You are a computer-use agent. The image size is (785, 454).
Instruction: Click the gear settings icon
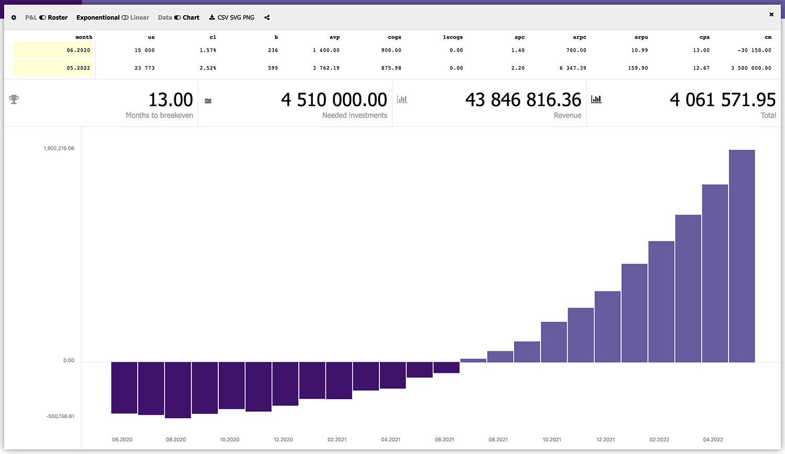pos(14,18)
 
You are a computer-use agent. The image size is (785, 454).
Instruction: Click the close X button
pos(771,15)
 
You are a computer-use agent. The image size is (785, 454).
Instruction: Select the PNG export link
pos(249,18)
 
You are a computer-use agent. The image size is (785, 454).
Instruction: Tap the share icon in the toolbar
pos(267,18)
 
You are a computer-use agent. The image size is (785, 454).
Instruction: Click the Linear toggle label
pos(140,18)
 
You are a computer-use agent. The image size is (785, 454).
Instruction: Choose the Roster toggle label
pos(58,18)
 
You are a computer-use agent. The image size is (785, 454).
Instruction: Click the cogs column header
pos(395,37)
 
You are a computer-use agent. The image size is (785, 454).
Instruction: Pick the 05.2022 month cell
pos(78,68)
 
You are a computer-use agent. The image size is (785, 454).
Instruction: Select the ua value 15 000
pos(144,50)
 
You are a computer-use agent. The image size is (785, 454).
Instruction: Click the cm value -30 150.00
pos(754,50)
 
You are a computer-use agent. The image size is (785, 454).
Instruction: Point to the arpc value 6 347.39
pos(573,68)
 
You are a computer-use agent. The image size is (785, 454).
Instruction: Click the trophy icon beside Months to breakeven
pos(14,99)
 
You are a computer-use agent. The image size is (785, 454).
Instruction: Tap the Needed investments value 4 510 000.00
pos(334,100)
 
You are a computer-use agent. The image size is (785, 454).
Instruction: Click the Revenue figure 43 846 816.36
pos(523,100)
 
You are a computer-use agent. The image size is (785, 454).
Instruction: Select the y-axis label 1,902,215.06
pos(59,149)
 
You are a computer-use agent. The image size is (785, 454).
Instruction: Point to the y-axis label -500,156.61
pos(60,416)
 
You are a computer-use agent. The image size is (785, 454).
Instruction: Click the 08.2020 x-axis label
pos(176,439)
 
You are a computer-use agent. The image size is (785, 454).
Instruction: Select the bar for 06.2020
pos(124,388)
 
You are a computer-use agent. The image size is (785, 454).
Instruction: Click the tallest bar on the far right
pos(742,256)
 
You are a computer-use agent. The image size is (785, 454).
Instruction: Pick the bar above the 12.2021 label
pos(608,327)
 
